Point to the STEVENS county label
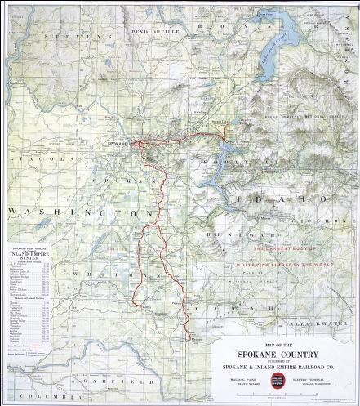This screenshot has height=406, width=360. tap(72, 38)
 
